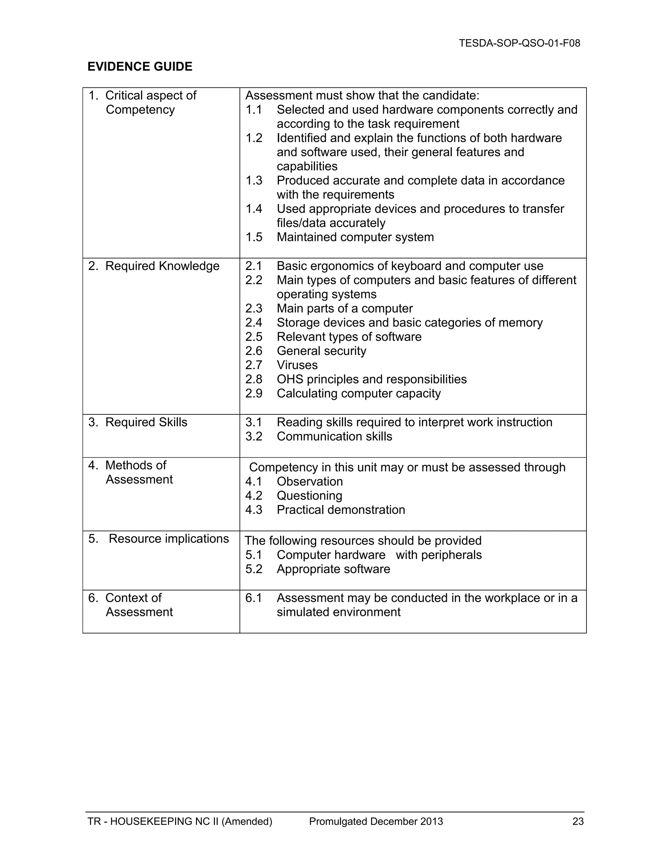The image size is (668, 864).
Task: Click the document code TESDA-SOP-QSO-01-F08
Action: pyautogui.click(x=519, y=43)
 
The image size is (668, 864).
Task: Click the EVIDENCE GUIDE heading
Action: pyautogui.click(x=140, y=67)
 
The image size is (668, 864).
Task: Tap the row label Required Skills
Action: pyautogui.click(x=146, y=422)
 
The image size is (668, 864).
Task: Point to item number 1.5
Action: pyautogui.click(x=254, y=237)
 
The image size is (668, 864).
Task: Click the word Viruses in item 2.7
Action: pyautogui.click(x=297, y=365)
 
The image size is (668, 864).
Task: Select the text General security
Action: pyautogui.click(x=321, y=350)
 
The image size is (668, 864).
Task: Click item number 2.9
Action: pyautogui.click(x=254, y=393)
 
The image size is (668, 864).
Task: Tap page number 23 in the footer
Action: pyautogui.click(x=578, y=821)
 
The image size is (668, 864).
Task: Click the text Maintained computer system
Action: pyautogui.click(x=355, y=237)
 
